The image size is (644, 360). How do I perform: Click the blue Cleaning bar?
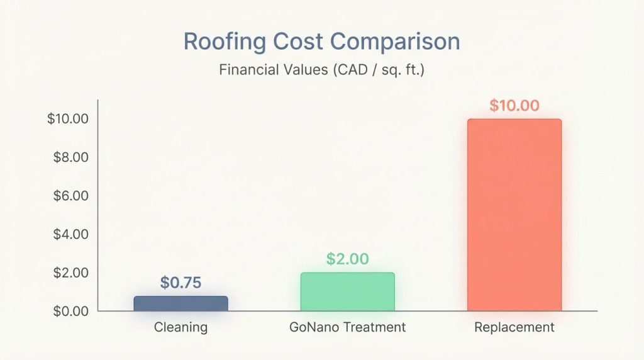pyautogui.click(x=180, y=303)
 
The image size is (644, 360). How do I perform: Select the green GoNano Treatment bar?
pyautogui.click(x=347, y=292)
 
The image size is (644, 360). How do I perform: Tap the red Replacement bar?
pyautogui.click(x=514, y=215)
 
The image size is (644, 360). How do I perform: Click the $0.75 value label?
pyautogui.click(x=180, y=283)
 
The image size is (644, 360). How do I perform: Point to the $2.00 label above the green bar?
pyautogui.click(x=347, y=259)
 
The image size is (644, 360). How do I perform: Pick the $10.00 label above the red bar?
pyautogui.click(x=514, y=105)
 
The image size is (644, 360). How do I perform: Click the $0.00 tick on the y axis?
pyautogui.click(x=69, y=311)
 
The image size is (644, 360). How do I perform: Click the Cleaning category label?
pyautogui.click(x=180, y=327)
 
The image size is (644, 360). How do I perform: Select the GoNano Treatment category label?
pyautogui.click(x=347, y=327)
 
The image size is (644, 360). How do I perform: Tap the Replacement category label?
pyautogui.click(x=514, y=327)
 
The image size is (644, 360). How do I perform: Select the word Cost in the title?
pyautogui.click(x=301, y=42)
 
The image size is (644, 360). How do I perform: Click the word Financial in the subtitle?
pyautogui.click(x=249, y=70)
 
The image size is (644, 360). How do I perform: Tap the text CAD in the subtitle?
pyautogui.click(x=343, y=70)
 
